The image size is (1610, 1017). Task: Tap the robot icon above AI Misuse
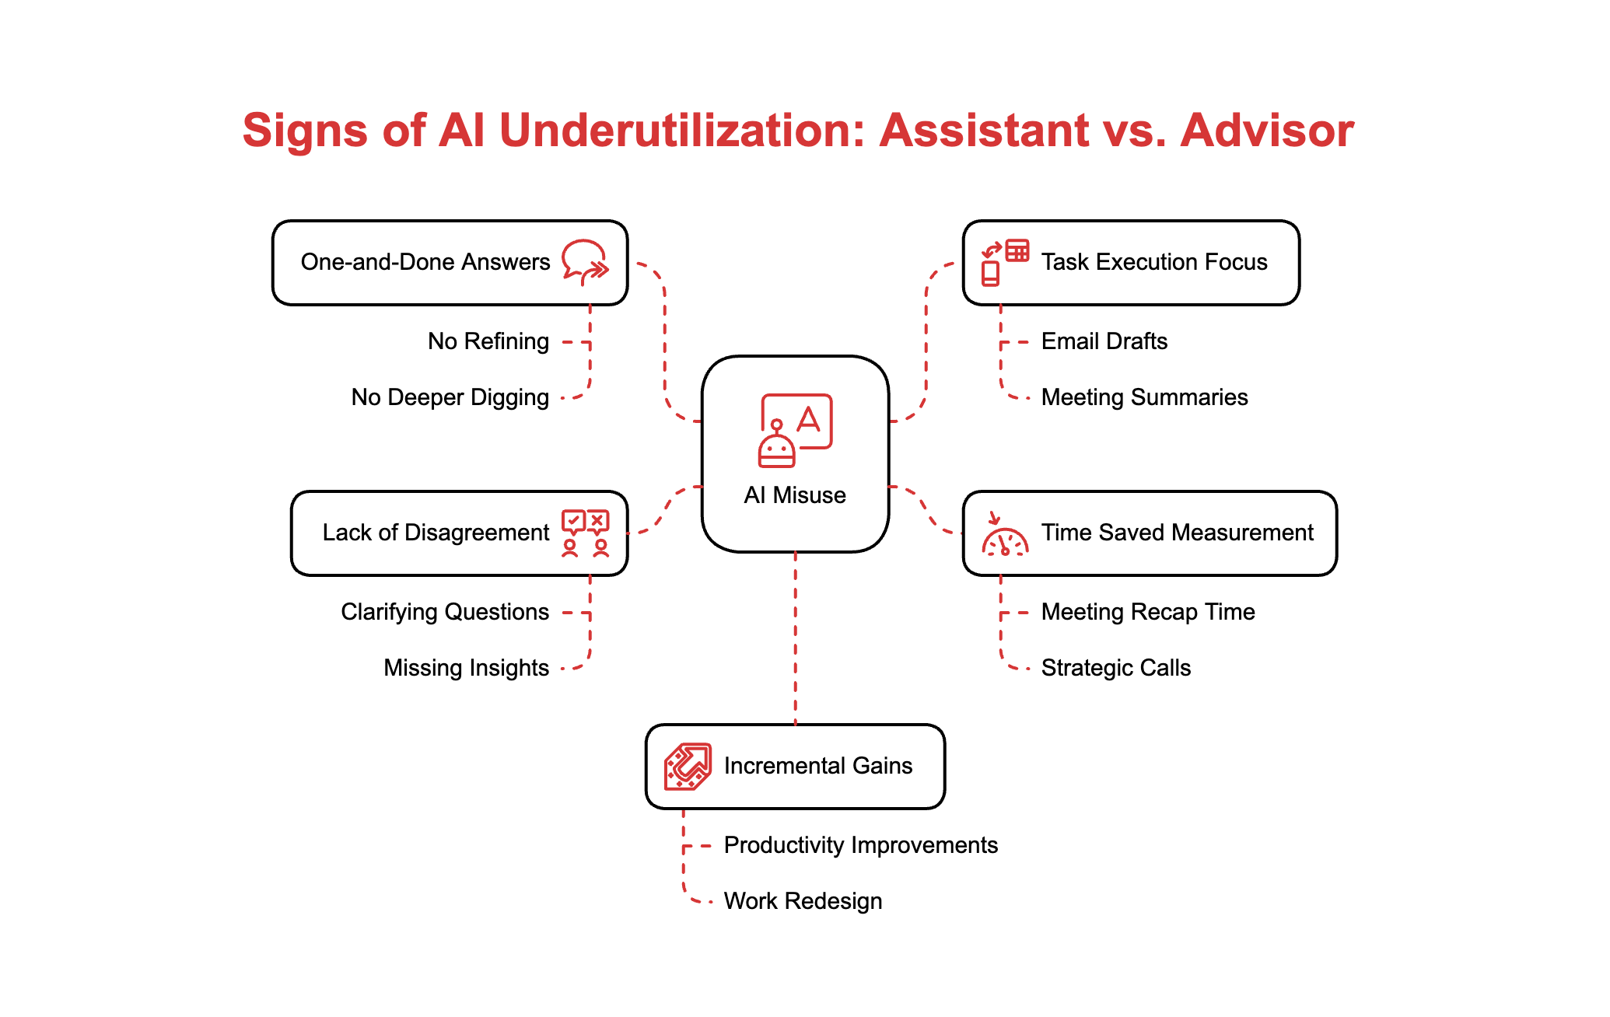795,431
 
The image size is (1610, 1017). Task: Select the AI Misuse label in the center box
795,495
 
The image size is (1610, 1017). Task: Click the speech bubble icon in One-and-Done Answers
585,262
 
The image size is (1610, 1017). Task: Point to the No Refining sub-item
488,341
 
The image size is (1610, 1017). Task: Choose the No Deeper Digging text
450,397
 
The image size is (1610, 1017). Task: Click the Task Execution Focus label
1154,262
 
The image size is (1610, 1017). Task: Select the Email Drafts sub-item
1104,341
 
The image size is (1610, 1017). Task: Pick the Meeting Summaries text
1144,397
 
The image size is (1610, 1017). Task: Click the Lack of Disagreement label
436,533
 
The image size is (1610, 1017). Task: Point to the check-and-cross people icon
585,533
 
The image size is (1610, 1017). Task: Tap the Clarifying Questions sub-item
445,612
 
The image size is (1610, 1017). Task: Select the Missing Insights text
466,668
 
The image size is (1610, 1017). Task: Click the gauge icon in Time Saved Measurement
1005,535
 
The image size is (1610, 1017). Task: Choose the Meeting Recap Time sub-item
1148,612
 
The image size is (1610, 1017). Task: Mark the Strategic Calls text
1116,668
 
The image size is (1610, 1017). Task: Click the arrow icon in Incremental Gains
688,767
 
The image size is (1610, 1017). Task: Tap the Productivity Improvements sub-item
861,845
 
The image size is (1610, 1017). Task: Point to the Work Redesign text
803,901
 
